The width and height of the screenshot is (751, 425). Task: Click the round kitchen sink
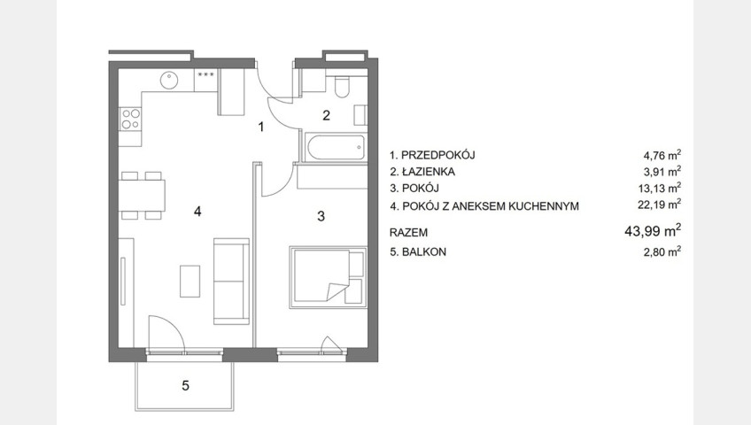click(x=169, y=80)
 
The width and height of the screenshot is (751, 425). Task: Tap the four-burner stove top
click(x=131, y=120)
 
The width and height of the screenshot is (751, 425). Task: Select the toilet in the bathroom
click(x=342, y=86)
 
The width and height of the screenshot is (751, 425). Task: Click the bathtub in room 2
click(x=336, y=149)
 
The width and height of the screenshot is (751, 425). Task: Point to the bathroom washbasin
click(x=360, y=115)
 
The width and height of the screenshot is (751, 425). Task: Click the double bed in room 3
click(x=328, y=277)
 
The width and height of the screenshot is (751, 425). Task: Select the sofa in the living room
click(x=231, y=282)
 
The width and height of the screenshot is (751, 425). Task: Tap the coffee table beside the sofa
click(x=190, y=282)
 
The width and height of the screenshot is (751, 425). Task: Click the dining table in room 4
click(x=143, y=196)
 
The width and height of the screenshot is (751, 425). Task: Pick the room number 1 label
click(x=261, y=127)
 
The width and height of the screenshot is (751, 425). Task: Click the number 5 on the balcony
click(x=185, y=385)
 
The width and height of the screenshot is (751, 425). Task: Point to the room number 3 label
click(x=321, y=216)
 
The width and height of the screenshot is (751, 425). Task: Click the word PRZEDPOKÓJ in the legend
click(x=437, y=155)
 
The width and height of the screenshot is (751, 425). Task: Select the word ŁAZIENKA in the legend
click(x=428, y=172)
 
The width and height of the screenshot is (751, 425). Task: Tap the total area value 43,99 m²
click(x=653, y=231)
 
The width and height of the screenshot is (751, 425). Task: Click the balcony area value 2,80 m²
click(x=662, y=251)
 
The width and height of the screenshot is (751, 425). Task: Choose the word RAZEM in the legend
click(x=408, y=233)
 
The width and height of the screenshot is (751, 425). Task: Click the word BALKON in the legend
click(x=424, y=251)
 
